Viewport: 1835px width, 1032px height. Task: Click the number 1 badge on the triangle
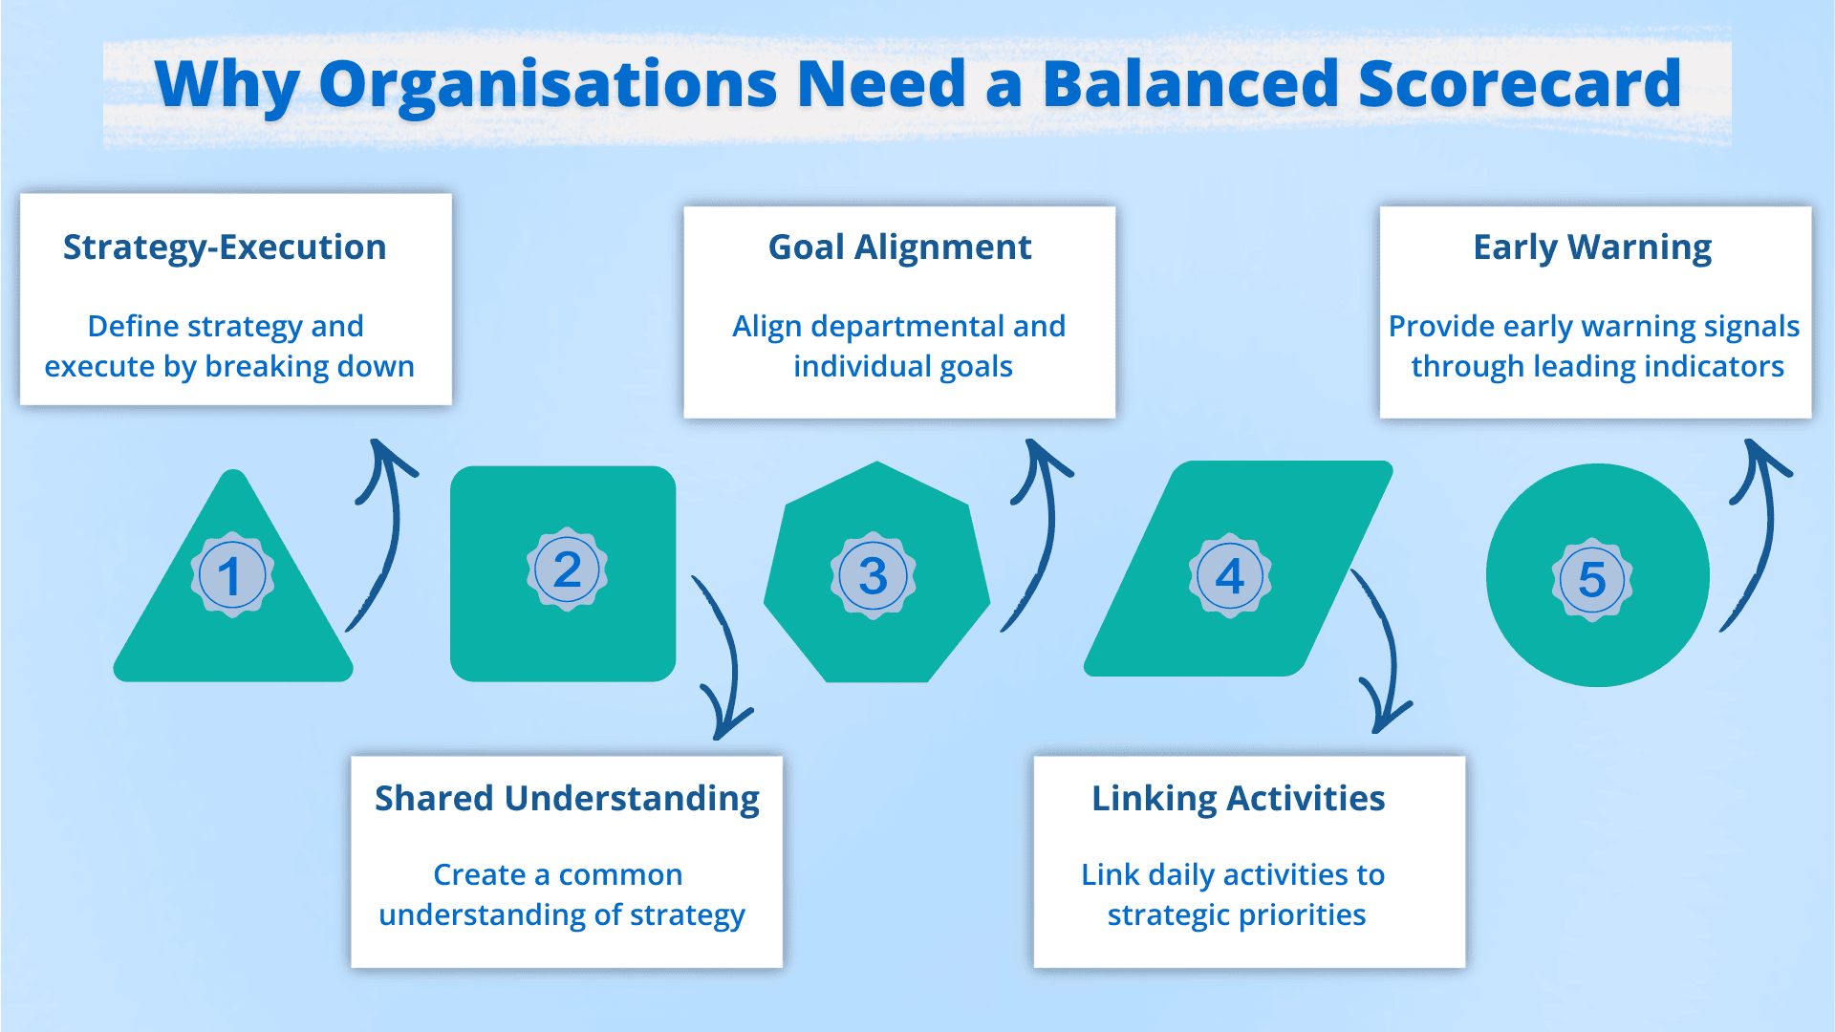pos(232,575)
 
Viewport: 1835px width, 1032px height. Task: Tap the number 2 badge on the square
pos(567,570)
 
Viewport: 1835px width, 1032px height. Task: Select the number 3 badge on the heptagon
pos(873,575)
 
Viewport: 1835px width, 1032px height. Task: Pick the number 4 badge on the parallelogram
pos(1230,575)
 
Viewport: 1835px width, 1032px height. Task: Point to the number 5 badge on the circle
pos(1592,579)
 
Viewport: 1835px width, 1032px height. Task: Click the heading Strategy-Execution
pos(225,247)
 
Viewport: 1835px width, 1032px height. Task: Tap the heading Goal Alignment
pos(899,247)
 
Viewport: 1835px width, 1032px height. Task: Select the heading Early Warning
pos(1592,247)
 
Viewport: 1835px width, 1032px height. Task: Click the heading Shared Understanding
pos(567,799)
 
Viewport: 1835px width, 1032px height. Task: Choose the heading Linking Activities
pos(1238,799)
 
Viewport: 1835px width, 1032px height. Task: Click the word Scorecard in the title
pos(1519,84)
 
